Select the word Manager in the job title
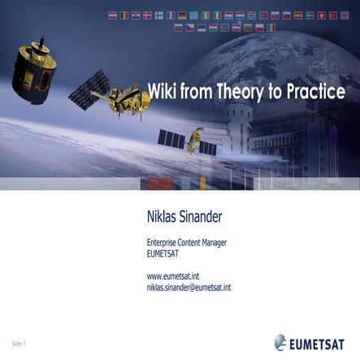tap(210, 242)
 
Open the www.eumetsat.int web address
tap(173, 277)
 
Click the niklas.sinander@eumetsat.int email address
tap(189, 288)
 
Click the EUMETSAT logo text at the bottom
tap(321, 345)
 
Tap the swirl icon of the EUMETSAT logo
tap(280, 343)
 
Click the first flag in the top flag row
tap(113, 15)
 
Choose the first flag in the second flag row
tap(178, 28)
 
